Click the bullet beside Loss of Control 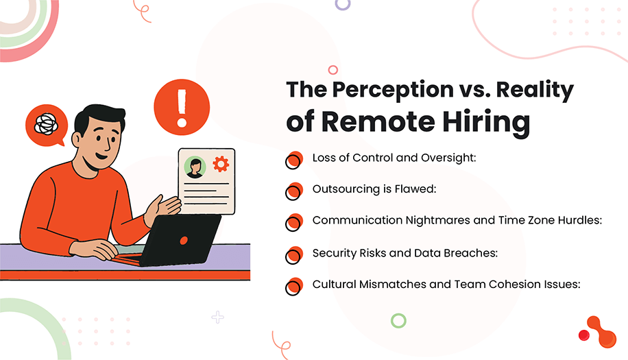coord(294,159)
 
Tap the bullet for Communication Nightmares coord(294,222)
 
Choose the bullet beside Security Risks coord(294,254)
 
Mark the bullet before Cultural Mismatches coord(294,285)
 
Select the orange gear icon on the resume coord(220,164)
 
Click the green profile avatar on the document coord(195,167)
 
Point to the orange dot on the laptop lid coord(184,241)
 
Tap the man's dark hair coord(100,119)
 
